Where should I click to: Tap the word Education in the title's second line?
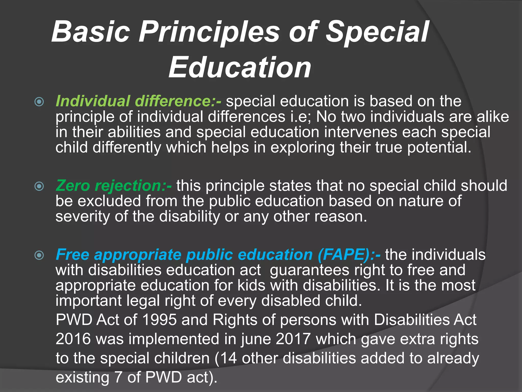(240, 68)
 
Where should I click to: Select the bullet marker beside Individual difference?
(39, 102)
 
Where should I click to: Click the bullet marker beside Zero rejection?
(39, 186)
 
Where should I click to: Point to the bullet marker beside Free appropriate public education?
(39, 255)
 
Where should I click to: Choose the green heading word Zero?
(73, 186)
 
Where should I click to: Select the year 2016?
(73, 339)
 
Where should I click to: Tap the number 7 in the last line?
(118, 377)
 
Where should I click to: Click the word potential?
(439, 148)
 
